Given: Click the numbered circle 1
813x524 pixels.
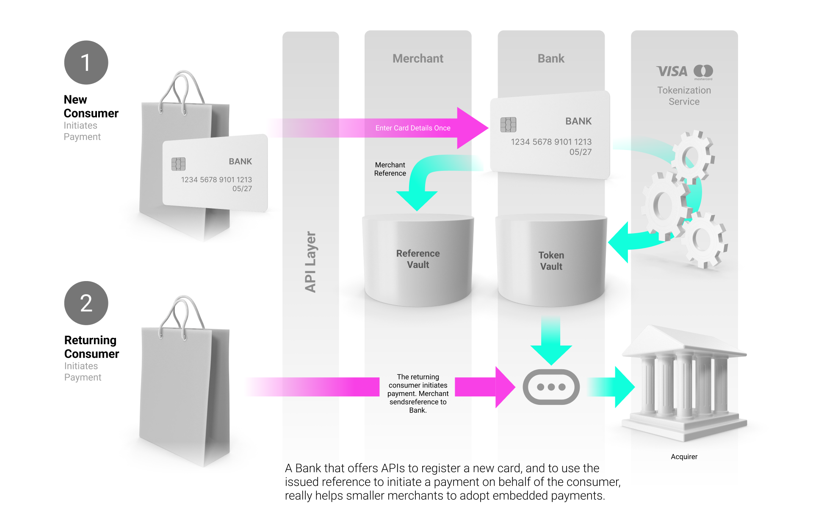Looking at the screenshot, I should click(x=86, y=63).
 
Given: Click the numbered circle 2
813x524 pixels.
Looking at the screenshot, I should click(x=86, y=303).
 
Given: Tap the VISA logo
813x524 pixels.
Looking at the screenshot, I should click(x=672, y=71).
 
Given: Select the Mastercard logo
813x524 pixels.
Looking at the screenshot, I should click(x=703, y=71).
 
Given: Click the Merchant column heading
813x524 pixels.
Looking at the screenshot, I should click(x=418, y=59).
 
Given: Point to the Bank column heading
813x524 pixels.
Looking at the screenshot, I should click(x=551, y=59).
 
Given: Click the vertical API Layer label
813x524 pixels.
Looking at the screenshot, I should click(x=310, y=262).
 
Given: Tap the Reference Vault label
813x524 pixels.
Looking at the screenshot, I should click(x=418, y=259).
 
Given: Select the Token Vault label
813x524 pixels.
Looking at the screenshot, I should click(x=551, y=261).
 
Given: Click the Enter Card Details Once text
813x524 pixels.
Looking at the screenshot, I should click(x=413, y=128).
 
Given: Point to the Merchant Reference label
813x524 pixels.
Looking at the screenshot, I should click(x=390, y=169).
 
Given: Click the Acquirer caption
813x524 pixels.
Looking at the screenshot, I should click(x=684, y=457).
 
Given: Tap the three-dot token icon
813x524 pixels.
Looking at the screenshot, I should click(x=551, y=387).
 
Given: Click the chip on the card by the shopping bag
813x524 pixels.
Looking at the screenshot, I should click(x=178, y=164).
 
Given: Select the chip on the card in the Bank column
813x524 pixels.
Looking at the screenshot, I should click(x=508, y=124).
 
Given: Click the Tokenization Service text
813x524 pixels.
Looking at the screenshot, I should click(x=684, y=96).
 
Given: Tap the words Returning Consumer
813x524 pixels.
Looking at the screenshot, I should click(x=91, y=347).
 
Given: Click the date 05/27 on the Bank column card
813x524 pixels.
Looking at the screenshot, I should click(x=580, y=152).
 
